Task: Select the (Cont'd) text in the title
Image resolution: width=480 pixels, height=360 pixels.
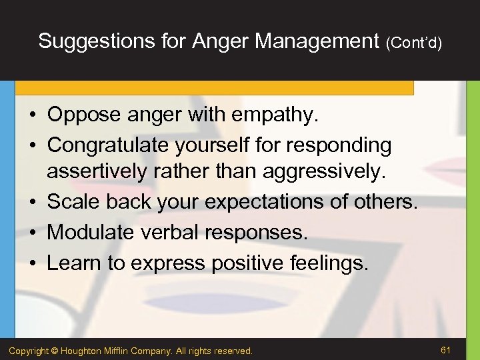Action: [x=413, y=43]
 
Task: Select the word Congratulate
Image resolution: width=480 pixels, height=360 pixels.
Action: [x=109, y=145]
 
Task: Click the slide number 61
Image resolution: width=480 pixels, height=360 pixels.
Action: [x=446, y=349]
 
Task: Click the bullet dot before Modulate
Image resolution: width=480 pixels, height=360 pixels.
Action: [x=33, y=233]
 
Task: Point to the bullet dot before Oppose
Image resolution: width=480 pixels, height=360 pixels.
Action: [x=33, y=116]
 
